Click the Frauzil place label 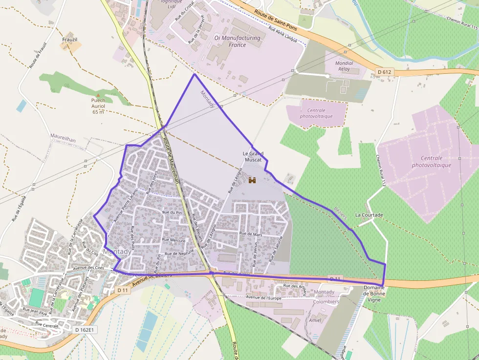pos(70,40)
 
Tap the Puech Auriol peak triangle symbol pos(98,95)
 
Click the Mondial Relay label pos(344,66)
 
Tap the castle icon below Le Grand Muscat pos(252,180)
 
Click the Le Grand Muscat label pos(252,156)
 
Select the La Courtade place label pos(369,215)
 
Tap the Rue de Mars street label pos(251,234)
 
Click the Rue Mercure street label pos(174,240)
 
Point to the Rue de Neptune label pos(179,254)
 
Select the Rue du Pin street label pos(172,212)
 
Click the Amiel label pos(315,320)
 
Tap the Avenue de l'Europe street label pos(264,297)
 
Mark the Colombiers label pos(326,301)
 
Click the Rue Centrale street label pos(47,325)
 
